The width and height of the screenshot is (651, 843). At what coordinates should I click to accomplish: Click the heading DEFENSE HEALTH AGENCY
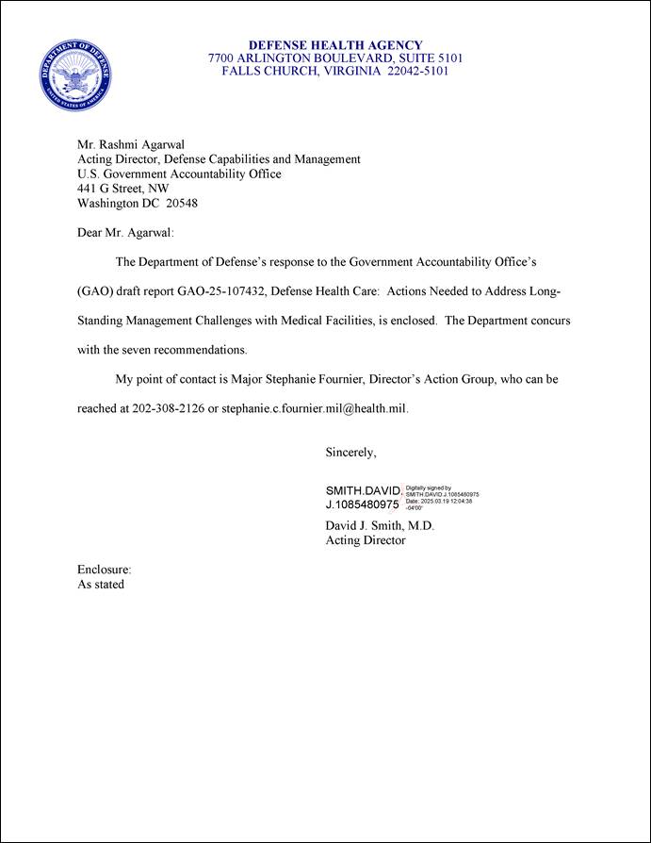click(x=334, y=45)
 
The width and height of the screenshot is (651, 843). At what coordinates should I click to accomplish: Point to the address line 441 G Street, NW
click(x=122, y=189)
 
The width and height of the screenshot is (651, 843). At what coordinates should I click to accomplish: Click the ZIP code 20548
click(x=182, y=203)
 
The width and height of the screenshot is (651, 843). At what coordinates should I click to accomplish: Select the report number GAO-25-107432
click(x=220, y=290)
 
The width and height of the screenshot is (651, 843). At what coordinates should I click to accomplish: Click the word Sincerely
click(x=350, y=453)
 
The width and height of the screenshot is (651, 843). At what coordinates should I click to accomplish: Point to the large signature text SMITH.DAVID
click(x=363, y=491)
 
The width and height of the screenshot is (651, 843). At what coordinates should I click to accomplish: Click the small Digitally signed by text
click(x=429, y=488)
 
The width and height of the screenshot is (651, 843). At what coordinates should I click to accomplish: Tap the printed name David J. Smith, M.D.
click(x=380, y=525)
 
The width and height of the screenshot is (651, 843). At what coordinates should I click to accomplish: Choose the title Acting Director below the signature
click(x=366, y=540)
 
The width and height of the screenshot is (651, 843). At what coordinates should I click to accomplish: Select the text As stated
click(x=101, y=585)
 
